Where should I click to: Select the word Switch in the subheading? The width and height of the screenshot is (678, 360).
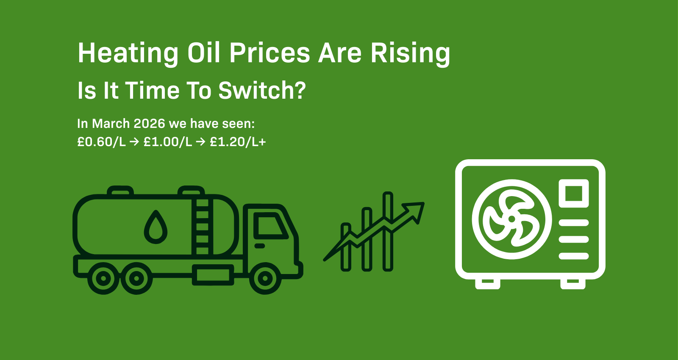(x=261, y=91)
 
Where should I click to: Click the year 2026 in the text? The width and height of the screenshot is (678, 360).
(x=149, y=124)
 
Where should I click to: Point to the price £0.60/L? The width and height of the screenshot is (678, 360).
(x=101, y=142)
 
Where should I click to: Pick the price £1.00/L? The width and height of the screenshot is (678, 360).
(x=168, y=142)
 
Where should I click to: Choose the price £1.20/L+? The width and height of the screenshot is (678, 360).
(x=238, y=142)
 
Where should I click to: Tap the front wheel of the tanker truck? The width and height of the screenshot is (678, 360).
(x=265, y=278)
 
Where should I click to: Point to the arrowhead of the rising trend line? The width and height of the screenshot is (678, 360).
(x=415, y=210)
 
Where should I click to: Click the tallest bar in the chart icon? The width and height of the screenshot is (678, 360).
(x=388, y=231)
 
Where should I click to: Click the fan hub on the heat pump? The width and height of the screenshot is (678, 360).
(x=511, y=219)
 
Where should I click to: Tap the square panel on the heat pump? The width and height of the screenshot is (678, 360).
(x=573, y=194)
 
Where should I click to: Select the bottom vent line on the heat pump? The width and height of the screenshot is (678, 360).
(x=573, y=256)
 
